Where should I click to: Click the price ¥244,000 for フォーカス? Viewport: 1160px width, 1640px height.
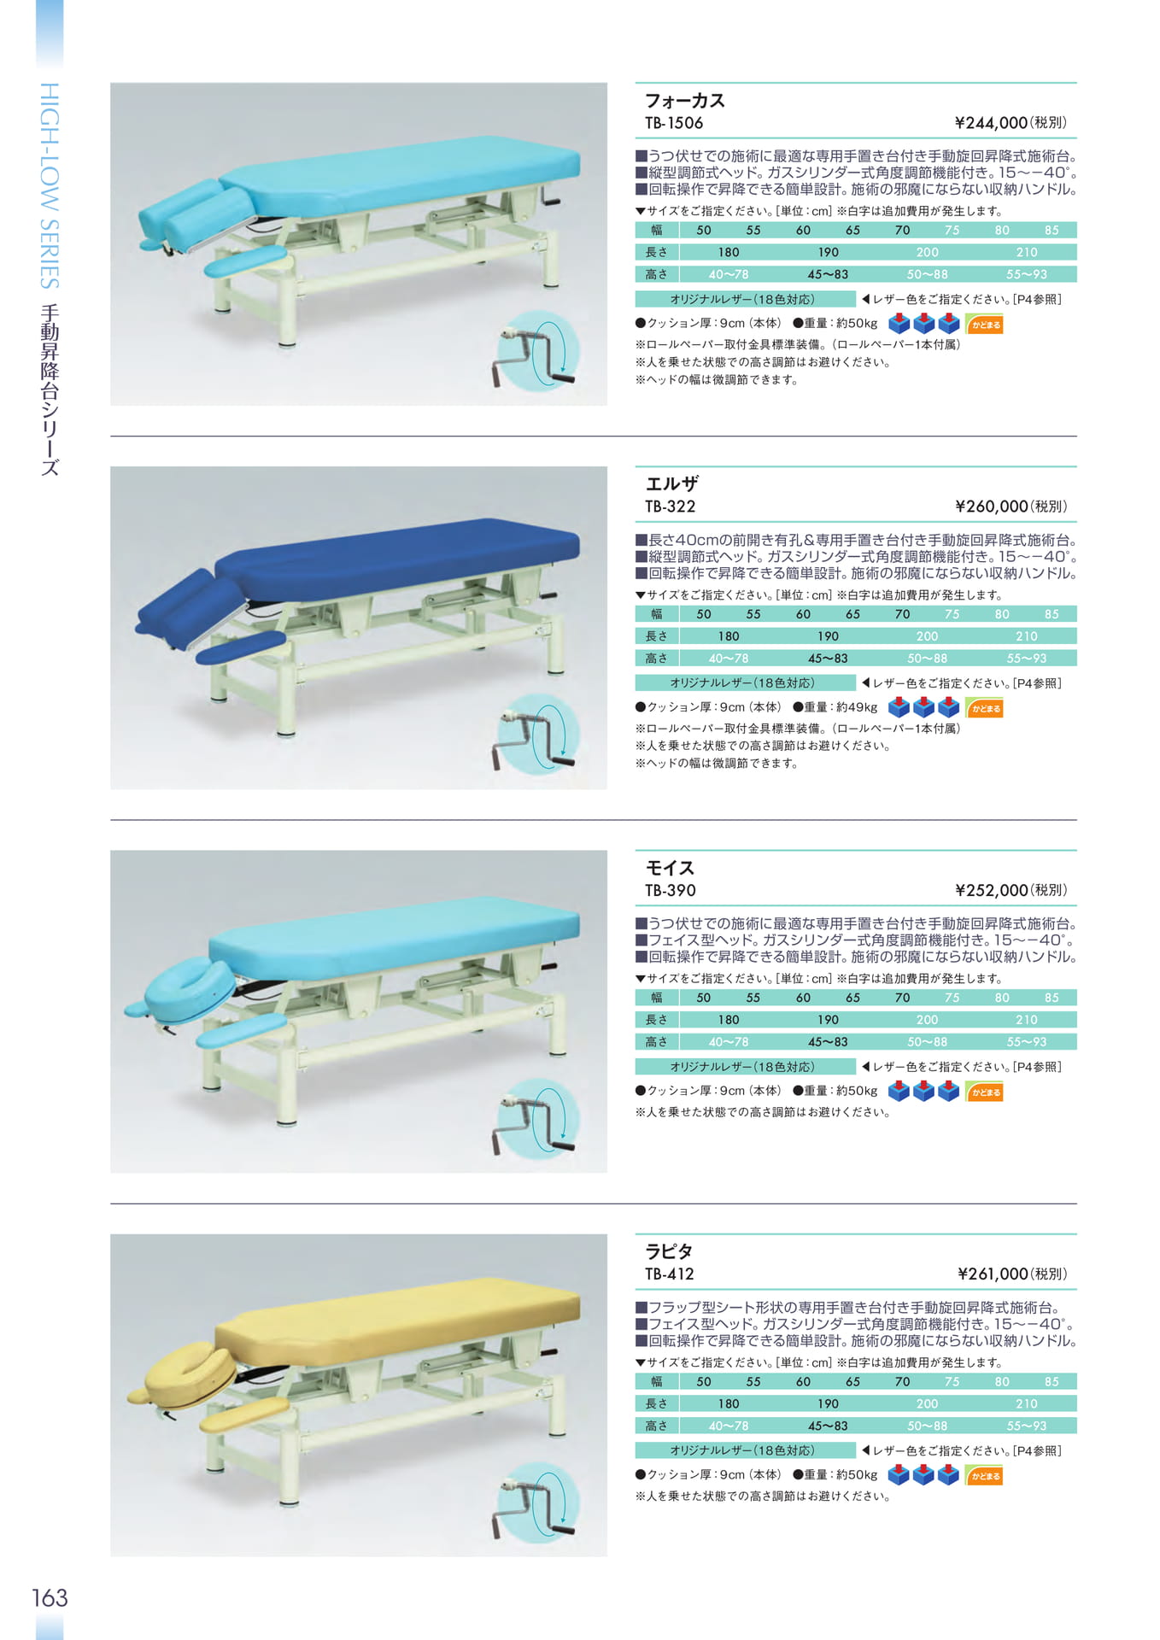point(991,123)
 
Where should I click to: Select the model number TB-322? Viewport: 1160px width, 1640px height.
point(671,507)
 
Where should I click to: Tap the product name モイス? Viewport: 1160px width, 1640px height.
point(670,868)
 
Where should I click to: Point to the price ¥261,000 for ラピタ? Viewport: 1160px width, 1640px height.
point(993,1274)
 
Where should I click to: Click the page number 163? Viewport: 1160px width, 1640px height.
point(50,1598)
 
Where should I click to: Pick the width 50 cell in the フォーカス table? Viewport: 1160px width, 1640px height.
point(703,230)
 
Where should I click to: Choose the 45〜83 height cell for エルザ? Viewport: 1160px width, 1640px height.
point(828,658)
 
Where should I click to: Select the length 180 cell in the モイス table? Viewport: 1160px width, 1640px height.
point(729,1019)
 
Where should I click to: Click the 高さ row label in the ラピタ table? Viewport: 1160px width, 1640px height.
point(656,1426)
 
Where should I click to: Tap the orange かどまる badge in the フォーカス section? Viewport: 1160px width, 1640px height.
point(985,325)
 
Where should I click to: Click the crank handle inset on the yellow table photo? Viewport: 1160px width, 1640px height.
point(536,1504)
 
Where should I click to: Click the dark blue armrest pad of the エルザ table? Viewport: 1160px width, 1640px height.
point(241,647)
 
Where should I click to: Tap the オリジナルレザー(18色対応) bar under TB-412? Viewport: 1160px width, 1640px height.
point(745,1450)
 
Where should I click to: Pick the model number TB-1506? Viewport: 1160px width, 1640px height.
point(674,123)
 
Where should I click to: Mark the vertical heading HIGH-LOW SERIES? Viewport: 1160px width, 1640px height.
point(50,185)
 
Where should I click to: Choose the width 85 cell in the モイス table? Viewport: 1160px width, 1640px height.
point(1052,997)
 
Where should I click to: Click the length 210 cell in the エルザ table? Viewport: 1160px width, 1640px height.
point(1027,635)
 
